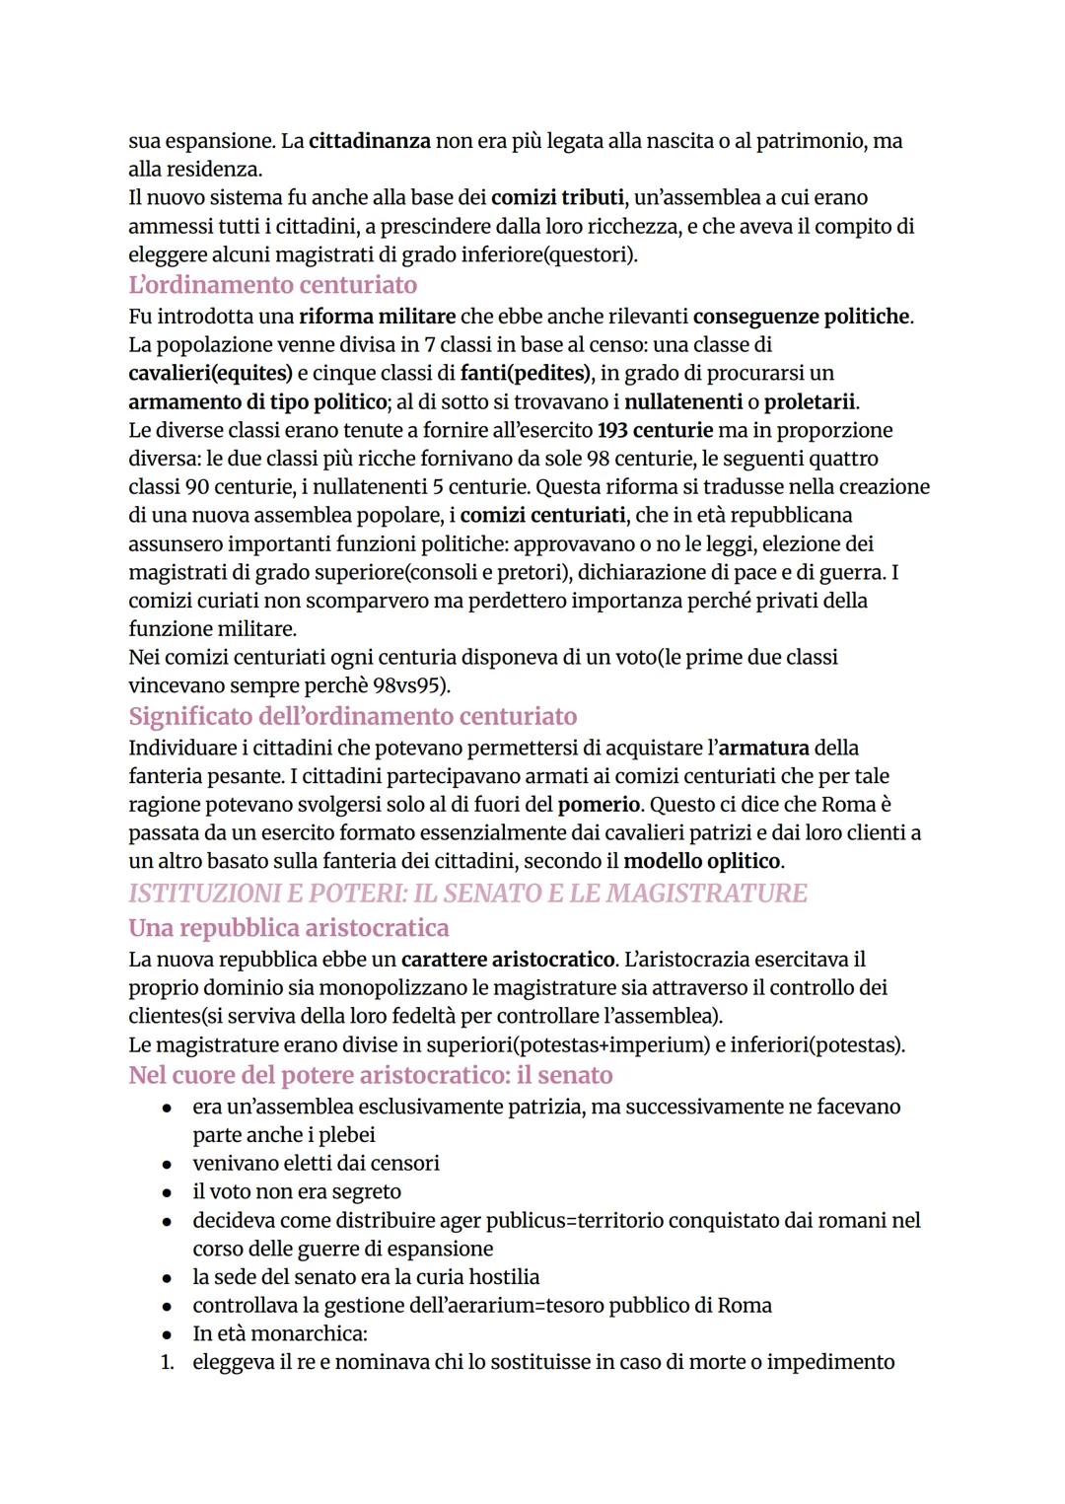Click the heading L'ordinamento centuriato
pos(272,285)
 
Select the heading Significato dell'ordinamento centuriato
pos(352,716)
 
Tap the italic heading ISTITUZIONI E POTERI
pos(466,894)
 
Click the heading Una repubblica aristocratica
pos(288,928)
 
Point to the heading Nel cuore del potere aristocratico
pos(370,1075)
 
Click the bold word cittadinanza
pos(370,141)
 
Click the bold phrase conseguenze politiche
pos(801,317)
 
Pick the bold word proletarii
pos(810,402)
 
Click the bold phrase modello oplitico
pos(702,862)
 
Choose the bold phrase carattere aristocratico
pos(508,960)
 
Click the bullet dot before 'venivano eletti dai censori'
pos(169,1165)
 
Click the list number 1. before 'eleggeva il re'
pos(168,1363)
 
